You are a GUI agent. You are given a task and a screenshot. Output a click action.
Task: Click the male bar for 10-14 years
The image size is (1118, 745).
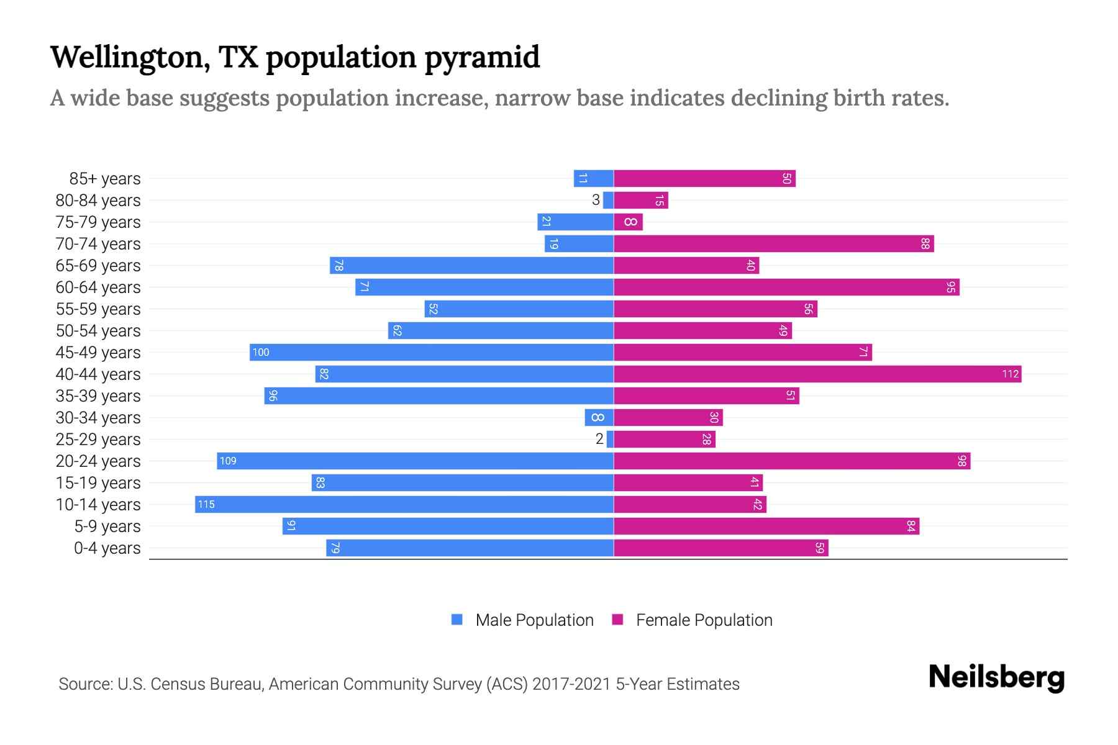click(x=404, y=504)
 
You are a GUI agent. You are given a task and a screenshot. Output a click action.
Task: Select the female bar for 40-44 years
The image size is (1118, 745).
click(x=817, y=374)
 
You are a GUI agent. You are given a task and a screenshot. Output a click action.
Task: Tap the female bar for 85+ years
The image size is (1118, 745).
click(x=704, y=178)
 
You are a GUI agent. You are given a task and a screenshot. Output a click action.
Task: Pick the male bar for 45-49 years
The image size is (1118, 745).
click(x=432, y=352)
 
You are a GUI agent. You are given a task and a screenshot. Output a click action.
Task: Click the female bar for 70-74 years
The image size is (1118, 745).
click(x=773, y=243)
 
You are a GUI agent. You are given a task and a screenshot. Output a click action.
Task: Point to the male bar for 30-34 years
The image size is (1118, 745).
click(x=599, y=417)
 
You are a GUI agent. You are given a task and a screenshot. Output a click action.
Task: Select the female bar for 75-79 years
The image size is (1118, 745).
click(x=628, y=222)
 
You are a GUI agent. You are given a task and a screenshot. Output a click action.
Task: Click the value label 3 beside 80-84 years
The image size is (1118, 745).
click(x=596, y=200)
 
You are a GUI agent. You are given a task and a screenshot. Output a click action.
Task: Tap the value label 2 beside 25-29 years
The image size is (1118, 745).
click(x=599, y=439)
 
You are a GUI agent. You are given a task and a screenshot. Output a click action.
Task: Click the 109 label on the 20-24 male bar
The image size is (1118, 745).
click(x=228, y=461)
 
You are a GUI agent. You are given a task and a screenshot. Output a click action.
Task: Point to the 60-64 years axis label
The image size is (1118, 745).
click(x=98, y=287)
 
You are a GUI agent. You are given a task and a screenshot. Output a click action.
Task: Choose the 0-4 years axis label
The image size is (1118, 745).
click(x=107, y=548)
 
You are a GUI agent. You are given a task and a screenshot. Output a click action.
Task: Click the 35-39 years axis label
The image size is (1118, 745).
click(x=98, y=396)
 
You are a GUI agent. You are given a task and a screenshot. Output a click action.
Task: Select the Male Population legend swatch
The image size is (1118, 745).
click(x=457, y=620)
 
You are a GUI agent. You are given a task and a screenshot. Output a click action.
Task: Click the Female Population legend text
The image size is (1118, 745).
click(x=704, y=620)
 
